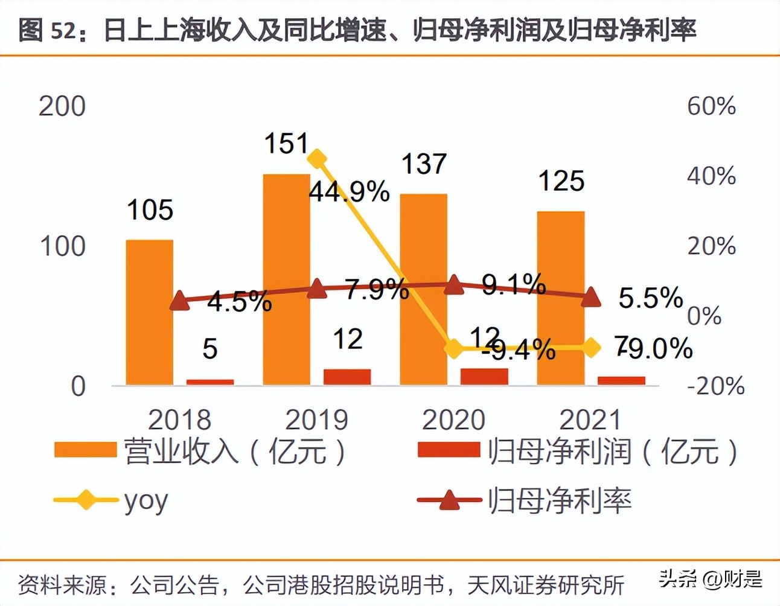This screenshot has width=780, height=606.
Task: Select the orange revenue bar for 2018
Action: (150, 312)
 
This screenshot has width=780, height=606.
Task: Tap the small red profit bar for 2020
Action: (484, 377)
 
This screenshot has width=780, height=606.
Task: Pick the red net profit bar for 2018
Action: (210, 381)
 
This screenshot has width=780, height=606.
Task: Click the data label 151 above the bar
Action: (286, 144)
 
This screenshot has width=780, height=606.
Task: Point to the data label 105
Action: (150, 210)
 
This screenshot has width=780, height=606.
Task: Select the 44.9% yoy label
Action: (349, 192)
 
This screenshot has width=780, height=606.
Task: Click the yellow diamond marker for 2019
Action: (317, 159)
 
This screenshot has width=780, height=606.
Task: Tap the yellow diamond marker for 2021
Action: (591, 348)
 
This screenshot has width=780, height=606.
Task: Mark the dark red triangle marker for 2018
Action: (179, 300)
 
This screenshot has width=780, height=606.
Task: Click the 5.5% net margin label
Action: (651, 298)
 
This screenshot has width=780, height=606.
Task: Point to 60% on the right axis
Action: (711, 106)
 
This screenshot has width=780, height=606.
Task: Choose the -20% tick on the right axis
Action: (716, 386)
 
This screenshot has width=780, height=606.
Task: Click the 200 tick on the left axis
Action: (62, 107)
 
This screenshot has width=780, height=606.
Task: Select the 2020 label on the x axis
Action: (453, 420)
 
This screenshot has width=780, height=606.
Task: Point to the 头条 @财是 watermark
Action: (710, 579)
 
